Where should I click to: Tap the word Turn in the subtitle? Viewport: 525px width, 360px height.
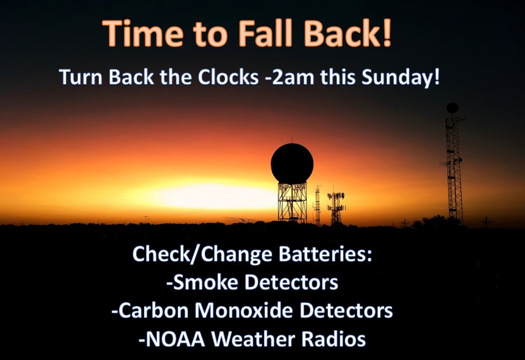pyautogui.click(x=81, y=78)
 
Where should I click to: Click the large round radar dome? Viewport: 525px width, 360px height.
pyautogui.click(x=292, y=163)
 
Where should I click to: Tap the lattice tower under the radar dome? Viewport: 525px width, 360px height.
pyautogui.click(x=292, y=202)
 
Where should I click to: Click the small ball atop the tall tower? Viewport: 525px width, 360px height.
pyautogui.click(x=453, y=108)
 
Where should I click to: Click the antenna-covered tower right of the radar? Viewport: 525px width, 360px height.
pyautogui.click(x=336, y=207)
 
